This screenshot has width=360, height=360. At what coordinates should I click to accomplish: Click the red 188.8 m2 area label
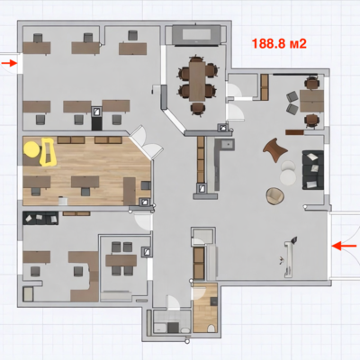coord(279,44)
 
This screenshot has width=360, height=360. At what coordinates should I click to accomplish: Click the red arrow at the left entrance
coord(9,63)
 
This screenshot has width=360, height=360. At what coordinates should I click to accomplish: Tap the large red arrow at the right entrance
coord(344,246)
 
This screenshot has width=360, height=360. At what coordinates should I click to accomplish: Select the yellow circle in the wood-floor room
coord(31,149)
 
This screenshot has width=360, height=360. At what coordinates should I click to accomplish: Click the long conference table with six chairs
coord(197,81)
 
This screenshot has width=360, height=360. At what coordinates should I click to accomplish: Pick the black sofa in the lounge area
coord(313,170)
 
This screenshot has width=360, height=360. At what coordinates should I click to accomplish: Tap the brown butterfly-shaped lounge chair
coord(275,149)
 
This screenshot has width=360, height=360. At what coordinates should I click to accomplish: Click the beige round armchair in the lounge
coord(274,196)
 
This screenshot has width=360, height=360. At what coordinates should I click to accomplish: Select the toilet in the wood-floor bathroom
coord(211,328)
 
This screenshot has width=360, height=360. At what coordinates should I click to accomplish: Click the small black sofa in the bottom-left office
coord(40,218)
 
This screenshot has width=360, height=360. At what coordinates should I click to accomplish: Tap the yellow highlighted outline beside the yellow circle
coord(48,152)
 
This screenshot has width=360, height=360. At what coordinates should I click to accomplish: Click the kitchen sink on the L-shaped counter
coord(228,145)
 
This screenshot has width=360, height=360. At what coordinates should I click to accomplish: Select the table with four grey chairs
coord(121,260)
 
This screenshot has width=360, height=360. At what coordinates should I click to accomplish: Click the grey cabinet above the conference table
coord(197,35)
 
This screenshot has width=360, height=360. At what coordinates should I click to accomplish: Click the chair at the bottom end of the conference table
coord(198,109)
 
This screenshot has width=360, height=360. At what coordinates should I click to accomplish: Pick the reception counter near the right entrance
coord(289,258)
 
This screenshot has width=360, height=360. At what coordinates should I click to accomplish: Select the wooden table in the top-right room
coord(311,101)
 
